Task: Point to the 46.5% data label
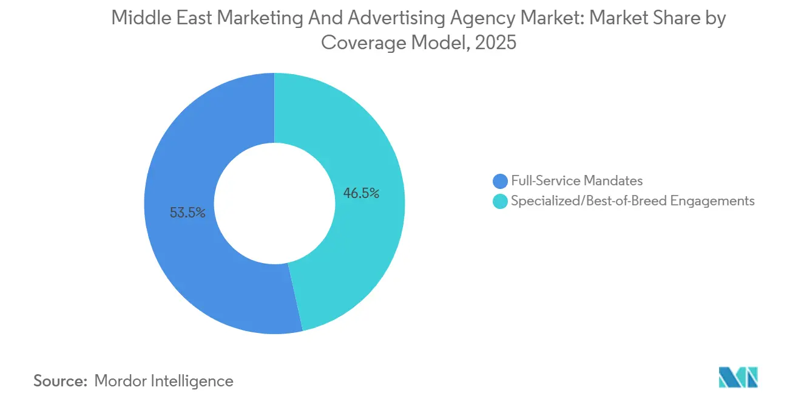pyautogui.click(x=361, y=194)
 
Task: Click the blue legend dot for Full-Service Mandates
pyautogui.click(x=500, y=180)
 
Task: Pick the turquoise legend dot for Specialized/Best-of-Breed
pyautogui.click(x=500, y=200)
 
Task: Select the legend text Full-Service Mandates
pyautogui.click(x=576, y=180)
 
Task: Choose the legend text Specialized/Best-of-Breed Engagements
pyautogui.click(x=632, y=200)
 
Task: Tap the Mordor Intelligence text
pyautogui.click(x=164, y=381)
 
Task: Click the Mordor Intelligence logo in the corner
pyautogui.click(x=738, y=377)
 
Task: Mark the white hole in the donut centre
pyautogui.click(x=274, y=204)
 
